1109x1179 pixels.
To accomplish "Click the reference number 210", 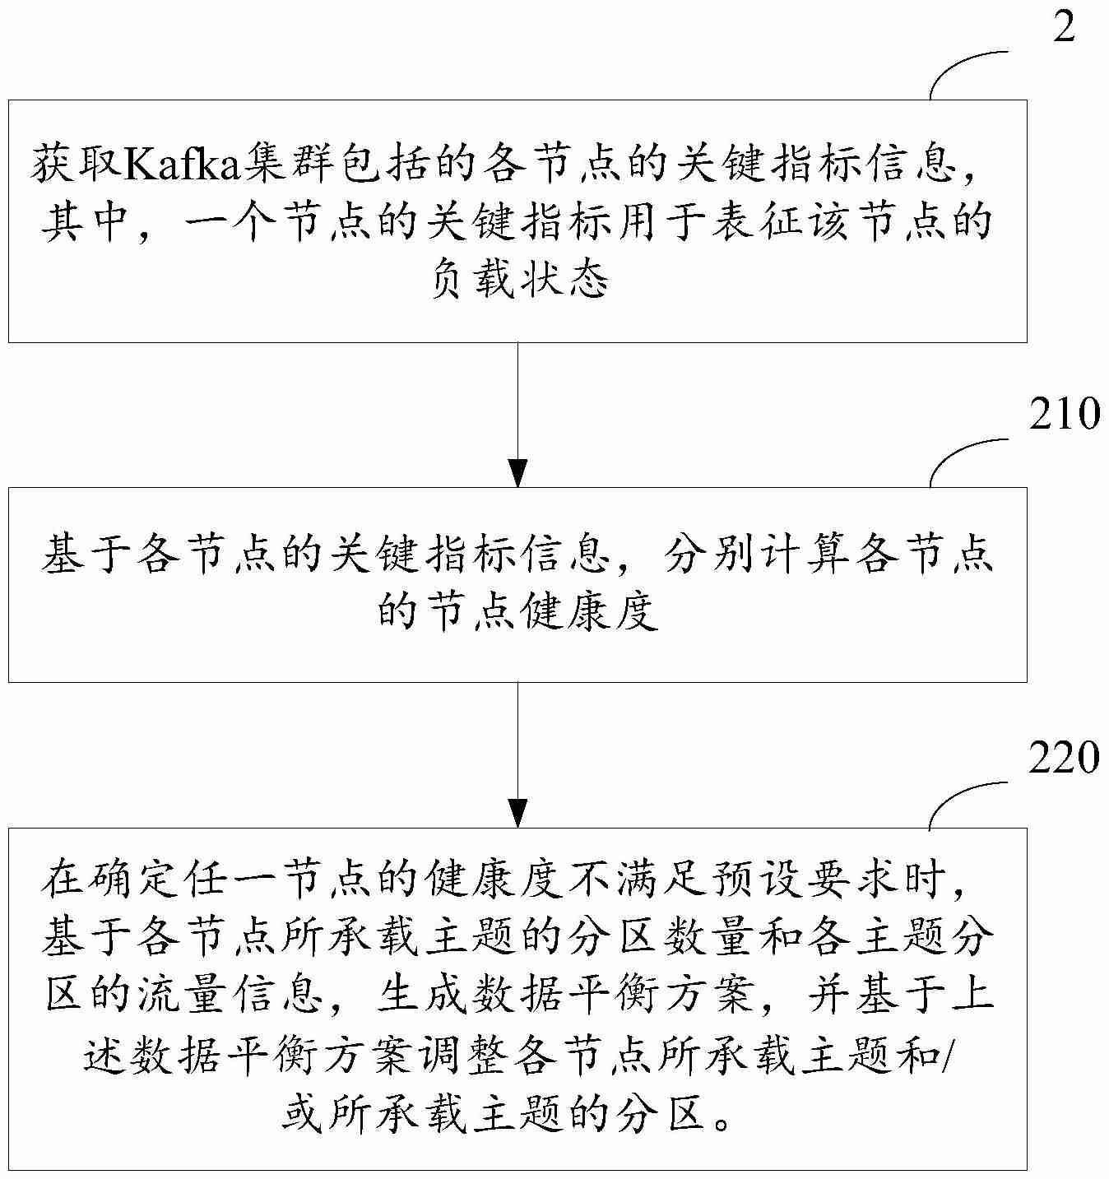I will coord(1065,414).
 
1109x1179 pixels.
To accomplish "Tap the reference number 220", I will coord(1065,757).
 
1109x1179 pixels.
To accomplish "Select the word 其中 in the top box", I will coord(86,223).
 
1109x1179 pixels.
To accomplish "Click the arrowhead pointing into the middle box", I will coord(517,475).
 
